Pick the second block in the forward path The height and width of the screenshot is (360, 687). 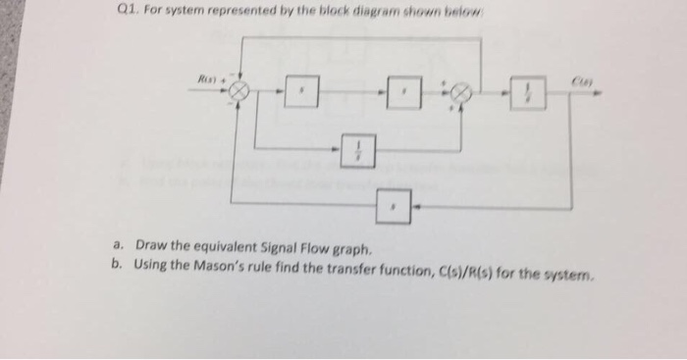pyautogui.click(x=399, y=95)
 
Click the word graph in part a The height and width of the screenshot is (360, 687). pyautogui.click(x=352, y=246)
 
